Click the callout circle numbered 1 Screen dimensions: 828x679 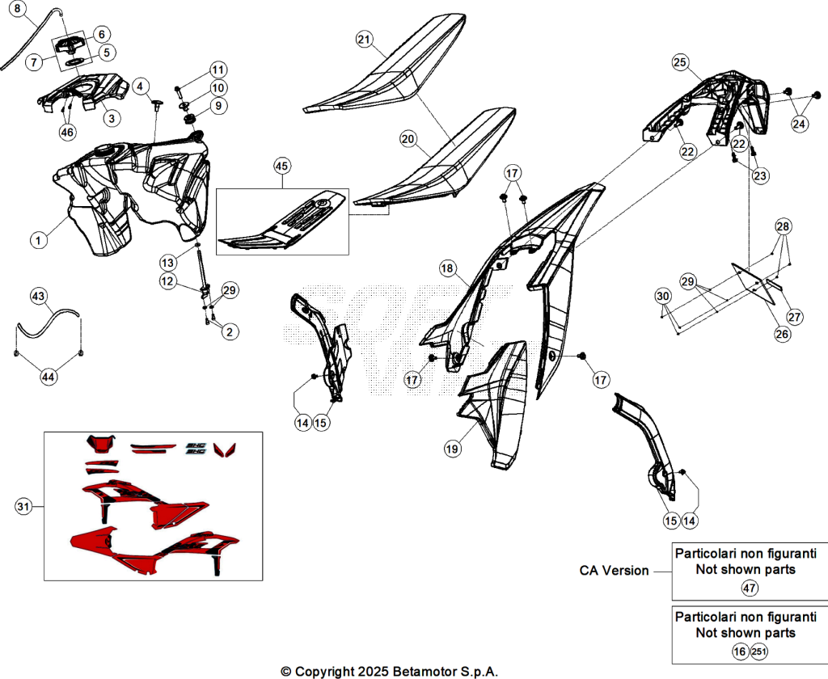[38, 240]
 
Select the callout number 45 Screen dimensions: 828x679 [282, 167]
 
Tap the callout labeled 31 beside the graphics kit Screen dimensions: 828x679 [23, 507]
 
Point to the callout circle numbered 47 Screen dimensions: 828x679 [750, 588]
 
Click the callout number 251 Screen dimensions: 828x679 [758, 652]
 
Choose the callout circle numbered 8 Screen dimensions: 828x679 [18, 9]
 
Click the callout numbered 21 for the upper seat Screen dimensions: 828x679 [365, 40]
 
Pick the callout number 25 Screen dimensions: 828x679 [679, 62]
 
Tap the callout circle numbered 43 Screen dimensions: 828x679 [38, 296]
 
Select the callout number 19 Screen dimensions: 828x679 [452, 449]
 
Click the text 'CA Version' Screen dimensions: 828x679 [614, 571]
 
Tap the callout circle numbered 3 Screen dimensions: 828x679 [112, 118]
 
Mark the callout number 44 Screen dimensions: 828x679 [48, 377]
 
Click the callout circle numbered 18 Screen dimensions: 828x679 [447, 268]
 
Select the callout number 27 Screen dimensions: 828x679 [795, 317]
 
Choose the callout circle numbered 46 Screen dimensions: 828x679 [67, 132]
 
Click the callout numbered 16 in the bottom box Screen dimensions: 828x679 [740, 652]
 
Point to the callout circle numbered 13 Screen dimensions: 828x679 [167, 263]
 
